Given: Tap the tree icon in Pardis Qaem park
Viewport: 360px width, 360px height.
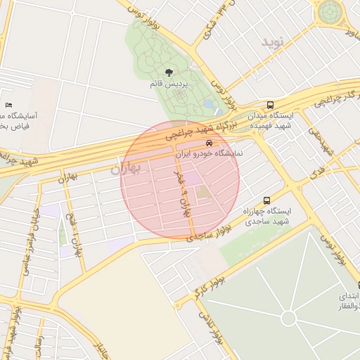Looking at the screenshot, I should coord(169,72).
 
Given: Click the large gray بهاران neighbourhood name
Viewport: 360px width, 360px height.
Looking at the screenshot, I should coord(126,169).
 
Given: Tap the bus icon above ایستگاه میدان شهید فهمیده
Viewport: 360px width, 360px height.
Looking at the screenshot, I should coord(271,105).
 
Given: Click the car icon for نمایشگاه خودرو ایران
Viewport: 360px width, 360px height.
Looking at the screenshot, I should coord(209,143).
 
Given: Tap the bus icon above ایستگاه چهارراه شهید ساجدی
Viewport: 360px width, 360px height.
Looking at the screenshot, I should coord(266,200).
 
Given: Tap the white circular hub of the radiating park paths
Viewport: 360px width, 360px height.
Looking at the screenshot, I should coord(288,319).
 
